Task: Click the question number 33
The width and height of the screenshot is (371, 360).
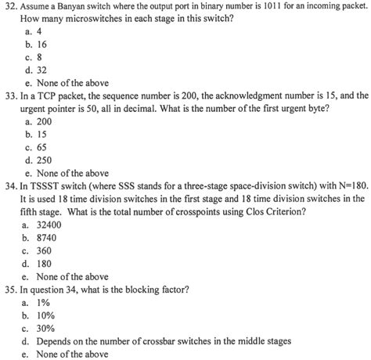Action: click(9, 96)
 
